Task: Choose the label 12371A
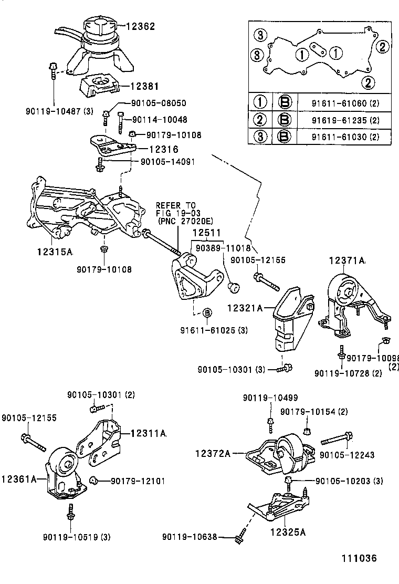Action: (348, 260)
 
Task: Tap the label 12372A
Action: (213, 453)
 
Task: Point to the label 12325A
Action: (288, 531)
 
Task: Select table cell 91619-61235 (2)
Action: (345, 120)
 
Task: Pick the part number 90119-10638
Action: (189, 536)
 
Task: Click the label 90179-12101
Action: (130, 481)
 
